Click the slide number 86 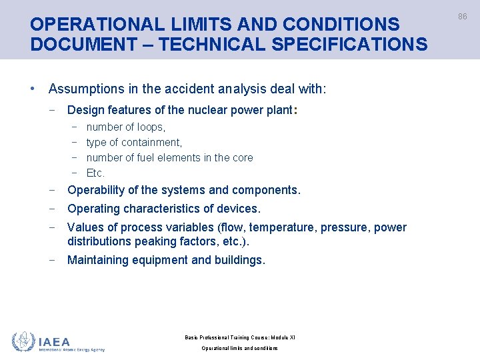pyautogui.click(x=462, y=16)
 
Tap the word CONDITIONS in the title pyautogui.click(x=341, y=25)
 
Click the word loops pyautogui.click(x=151, y=127)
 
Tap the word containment pyautogui.click(x=151, y=142)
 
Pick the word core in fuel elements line pyautogui.click(x=242, y=157)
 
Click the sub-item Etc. pyautogui.click(x=95, y=173)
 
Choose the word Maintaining pyautogui.click(x=102, y=260)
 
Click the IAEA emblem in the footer pyautogui.click(x=24, y=341)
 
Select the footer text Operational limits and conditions pyautogui.click(x=239, y=348)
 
